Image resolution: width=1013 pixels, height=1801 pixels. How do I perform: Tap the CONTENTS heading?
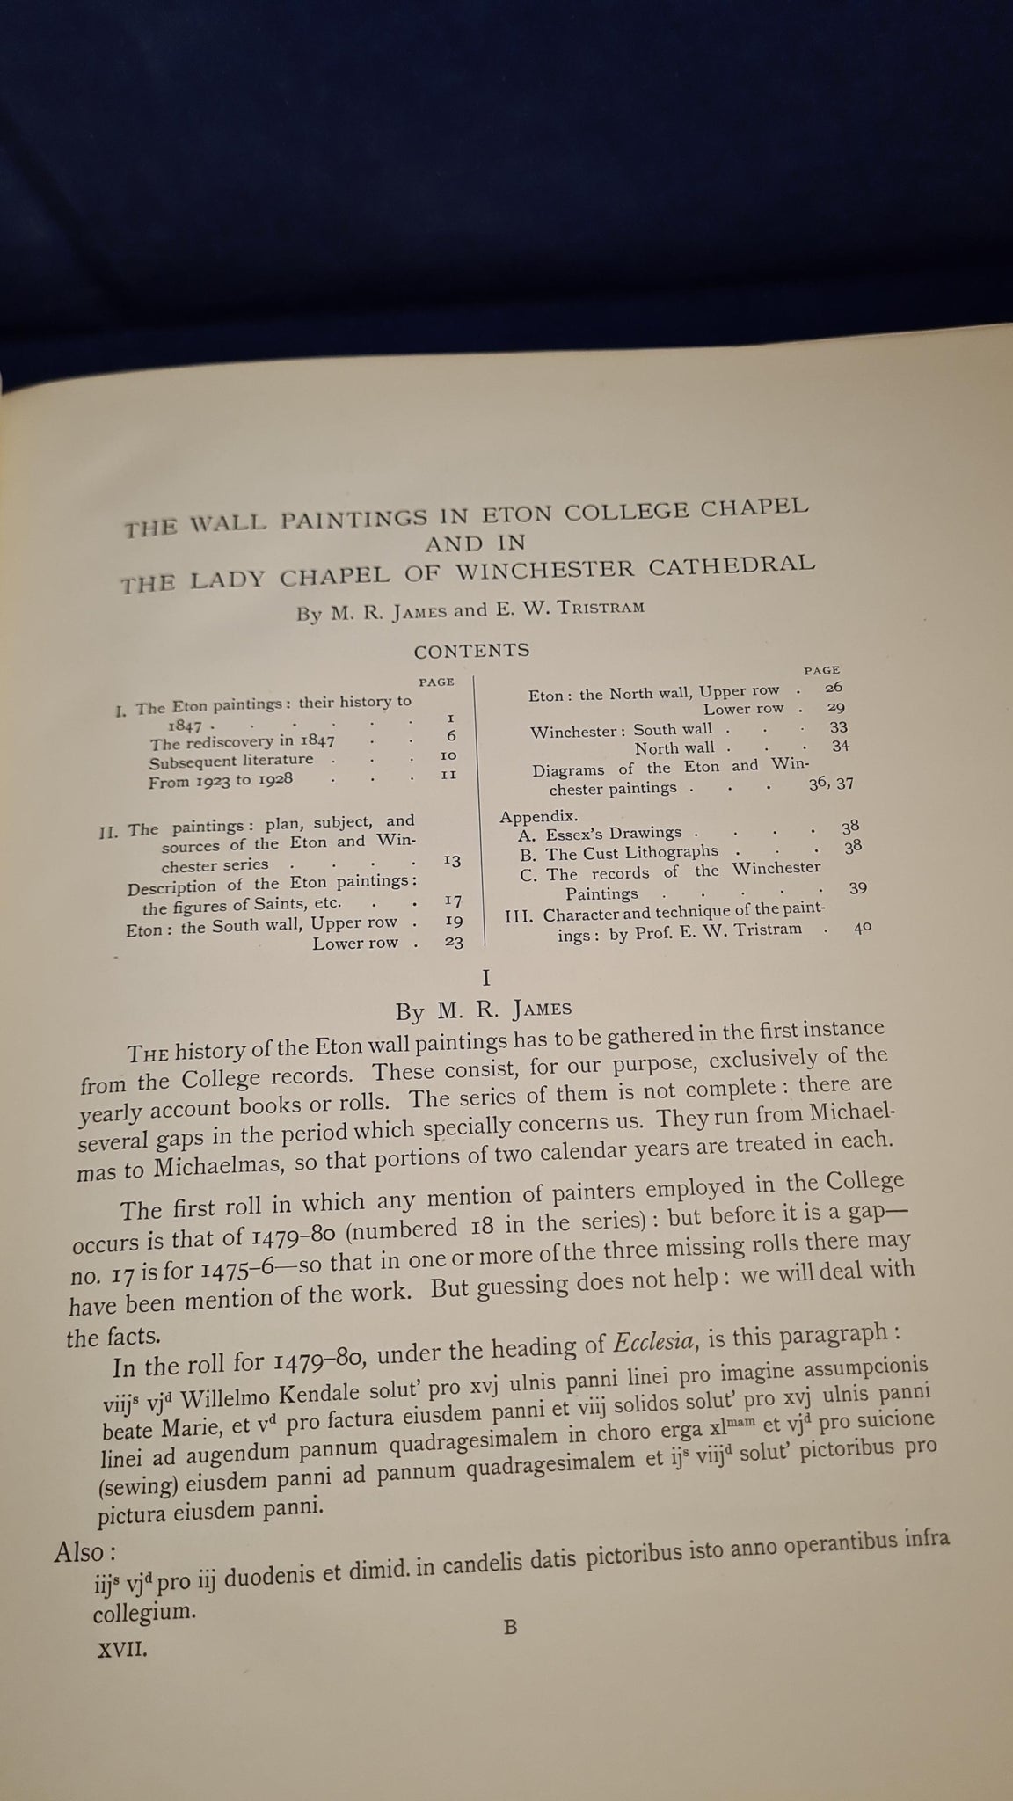(x=471, y=651)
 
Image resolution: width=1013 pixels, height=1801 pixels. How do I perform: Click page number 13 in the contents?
(x=452, y=860)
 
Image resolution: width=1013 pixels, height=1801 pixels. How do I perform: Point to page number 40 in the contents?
(x=862, y=927)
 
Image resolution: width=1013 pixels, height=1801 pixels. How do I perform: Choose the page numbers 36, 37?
(x=830, y=784)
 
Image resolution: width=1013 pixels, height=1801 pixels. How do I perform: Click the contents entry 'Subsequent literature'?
(x=231, y=760)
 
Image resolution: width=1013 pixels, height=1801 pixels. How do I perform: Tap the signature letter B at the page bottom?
(x=510, y=1627)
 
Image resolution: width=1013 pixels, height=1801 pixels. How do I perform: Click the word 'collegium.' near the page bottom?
(x=142, y=1613)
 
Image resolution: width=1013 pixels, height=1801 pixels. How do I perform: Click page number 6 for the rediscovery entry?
(x=451, y=736)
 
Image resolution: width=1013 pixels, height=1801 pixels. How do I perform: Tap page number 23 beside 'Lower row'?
(x=453, y=941)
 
